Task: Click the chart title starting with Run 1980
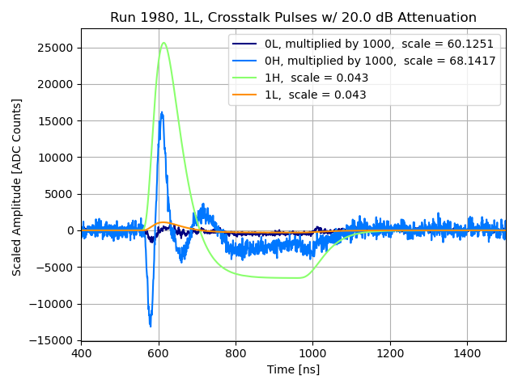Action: pos(293,18)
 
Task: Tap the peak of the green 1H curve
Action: pos(163,43)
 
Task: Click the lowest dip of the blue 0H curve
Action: pos(151,326)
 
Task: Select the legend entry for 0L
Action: pos(380,44)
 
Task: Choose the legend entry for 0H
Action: pos(380,61)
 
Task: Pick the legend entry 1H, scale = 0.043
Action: pos(316,78)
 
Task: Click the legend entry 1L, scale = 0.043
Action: pos(315,95)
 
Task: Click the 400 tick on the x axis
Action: pos(81,353)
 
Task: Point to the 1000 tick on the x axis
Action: pos(312,353)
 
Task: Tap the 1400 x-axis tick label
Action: pos(467,353)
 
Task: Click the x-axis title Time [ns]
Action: pos(293,369)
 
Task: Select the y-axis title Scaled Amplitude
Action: pos(17,187)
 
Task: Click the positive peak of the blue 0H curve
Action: pos(162,112)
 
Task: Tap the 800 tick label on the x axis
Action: pos(236,353)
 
